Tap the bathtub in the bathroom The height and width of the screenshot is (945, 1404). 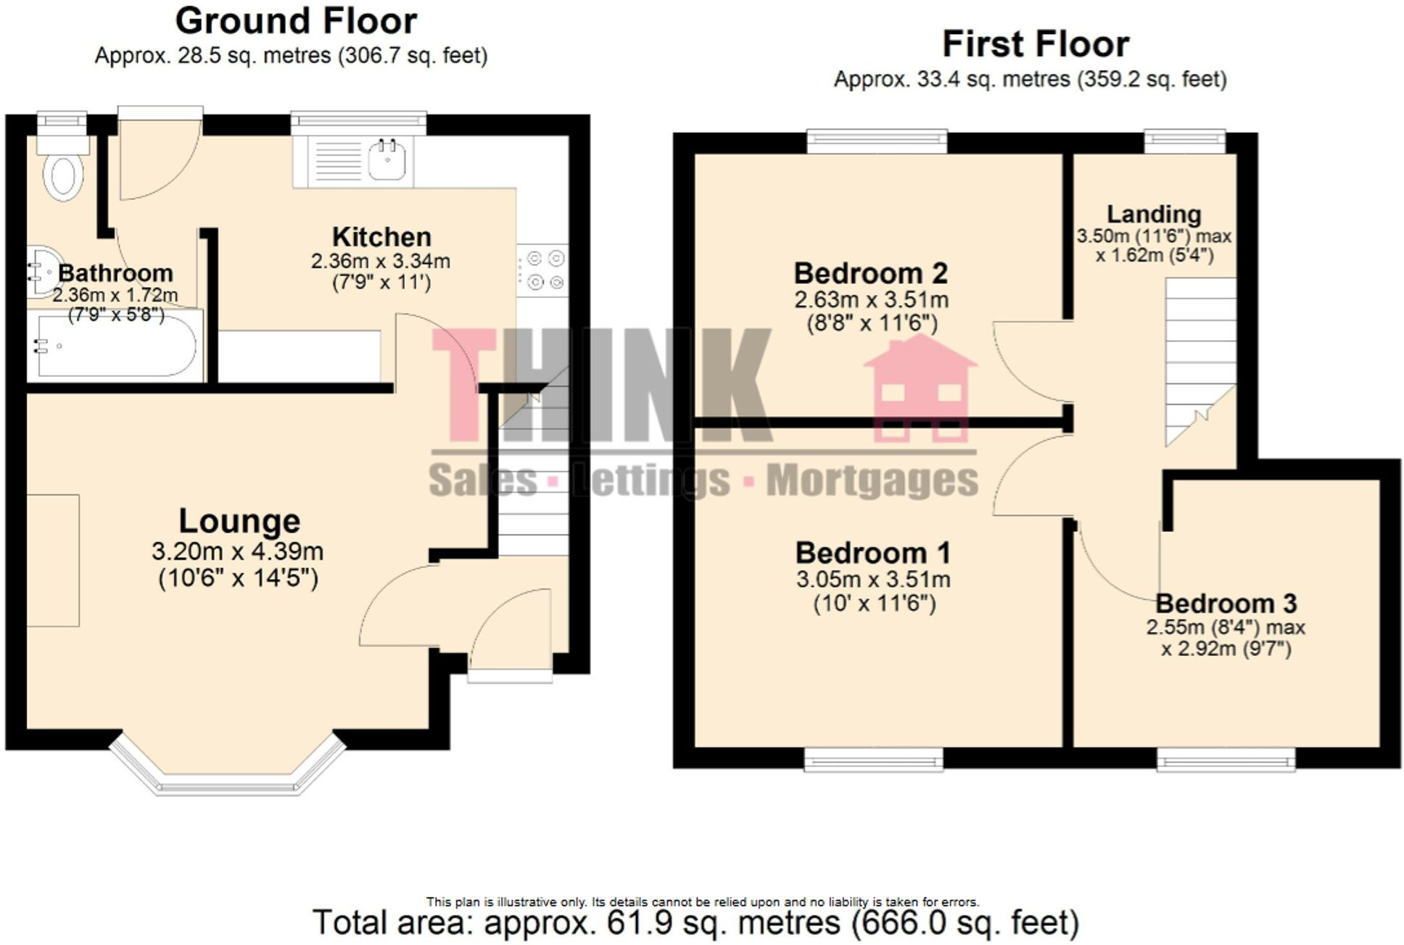click(116, 346)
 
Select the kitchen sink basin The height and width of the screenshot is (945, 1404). click(387, 159)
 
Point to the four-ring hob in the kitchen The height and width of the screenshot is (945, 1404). click(544, 270)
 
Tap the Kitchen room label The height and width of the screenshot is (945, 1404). click(381, 237)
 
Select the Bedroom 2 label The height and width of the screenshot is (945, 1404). click(870, 274)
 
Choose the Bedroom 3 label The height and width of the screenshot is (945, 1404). click(1226, 603)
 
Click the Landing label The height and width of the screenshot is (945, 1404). click(1154, 215)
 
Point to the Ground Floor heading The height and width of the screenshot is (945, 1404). click(296, 21)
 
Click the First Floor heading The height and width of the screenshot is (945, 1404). click(1036, 44)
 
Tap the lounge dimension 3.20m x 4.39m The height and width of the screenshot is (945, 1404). click(237, 551)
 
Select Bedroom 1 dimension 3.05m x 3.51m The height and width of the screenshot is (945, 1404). click(873, 580)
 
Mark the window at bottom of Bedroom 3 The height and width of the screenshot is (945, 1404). click(1226, 761)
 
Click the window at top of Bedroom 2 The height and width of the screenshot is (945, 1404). click(877, 141)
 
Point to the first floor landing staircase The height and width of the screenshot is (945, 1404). click(1200, 355)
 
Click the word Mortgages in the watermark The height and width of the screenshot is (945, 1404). click(872, 480)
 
